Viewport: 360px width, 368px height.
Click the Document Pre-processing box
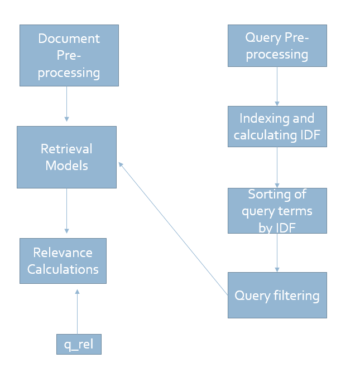pos(69,55)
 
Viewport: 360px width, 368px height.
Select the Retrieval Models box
pos(66,157)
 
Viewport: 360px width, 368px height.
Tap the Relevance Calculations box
pos(63,261)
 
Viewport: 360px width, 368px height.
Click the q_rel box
pos(79,344)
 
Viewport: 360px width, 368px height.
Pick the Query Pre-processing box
pos(277,46)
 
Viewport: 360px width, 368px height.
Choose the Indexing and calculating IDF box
pos(277,127)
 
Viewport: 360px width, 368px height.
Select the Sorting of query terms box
pos(277,210)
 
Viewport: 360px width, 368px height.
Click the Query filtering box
pos(277,295)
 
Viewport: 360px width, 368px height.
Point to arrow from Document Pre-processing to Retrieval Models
pos(66,104)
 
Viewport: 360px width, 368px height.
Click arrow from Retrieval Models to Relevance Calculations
pos(66,210)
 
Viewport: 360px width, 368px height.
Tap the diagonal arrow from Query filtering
pos(173,228)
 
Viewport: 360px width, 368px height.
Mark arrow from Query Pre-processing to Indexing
pos(277,86)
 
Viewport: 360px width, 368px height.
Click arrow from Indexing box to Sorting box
pos(277,167)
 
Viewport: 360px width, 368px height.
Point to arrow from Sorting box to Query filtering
pos(277,253)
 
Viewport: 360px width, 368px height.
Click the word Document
pos(69,38)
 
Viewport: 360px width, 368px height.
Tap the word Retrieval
pos(66,149)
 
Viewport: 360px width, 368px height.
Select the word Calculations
pos(63,269)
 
